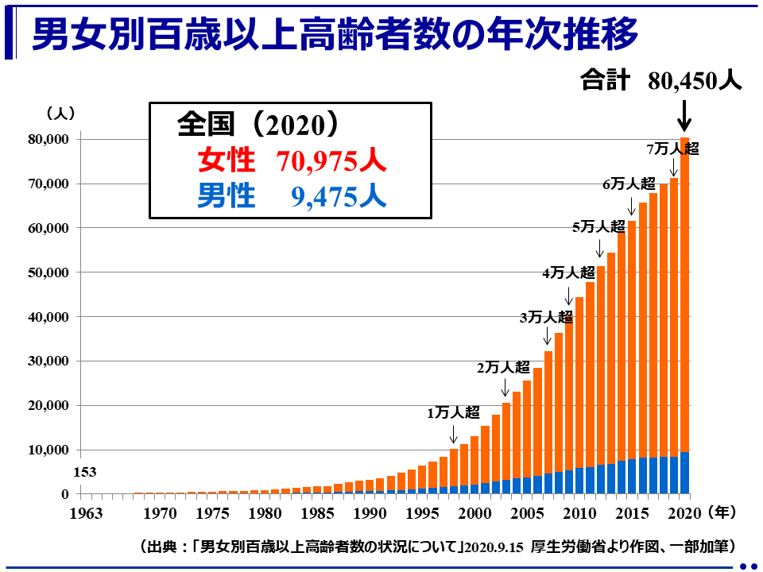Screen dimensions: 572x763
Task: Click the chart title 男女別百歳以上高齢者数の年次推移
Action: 334,36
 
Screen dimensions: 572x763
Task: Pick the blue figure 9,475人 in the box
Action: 339,196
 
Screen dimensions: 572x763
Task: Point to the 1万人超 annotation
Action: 454,412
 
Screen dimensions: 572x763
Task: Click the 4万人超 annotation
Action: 568,272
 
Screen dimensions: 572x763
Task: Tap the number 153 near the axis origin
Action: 84,472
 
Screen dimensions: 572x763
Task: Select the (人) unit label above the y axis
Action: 60,113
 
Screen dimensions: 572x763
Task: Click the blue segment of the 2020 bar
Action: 684,473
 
